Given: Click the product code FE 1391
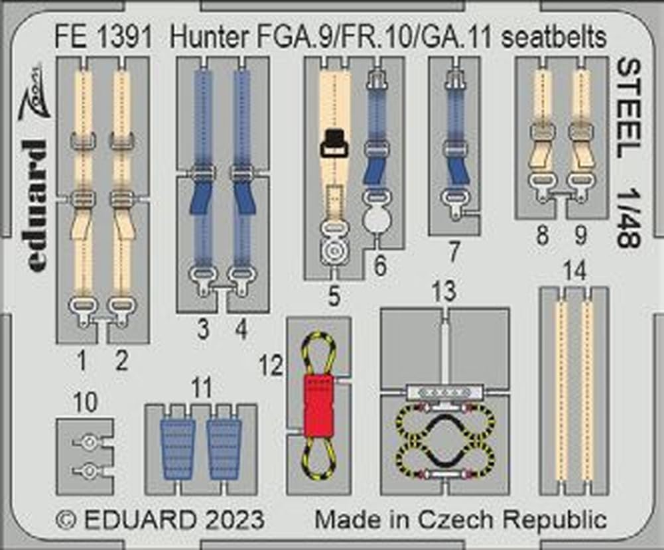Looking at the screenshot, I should (105, 38).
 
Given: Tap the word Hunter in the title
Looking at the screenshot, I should (204, 38).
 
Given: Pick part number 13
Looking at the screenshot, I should (443, 292).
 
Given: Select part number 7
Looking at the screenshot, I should (454, 252).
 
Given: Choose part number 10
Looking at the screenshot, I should (86, 402).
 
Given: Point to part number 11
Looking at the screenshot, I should (200, 387).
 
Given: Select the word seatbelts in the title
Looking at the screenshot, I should (555, 38).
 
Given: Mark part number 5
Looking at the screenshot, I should (334, 297).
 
